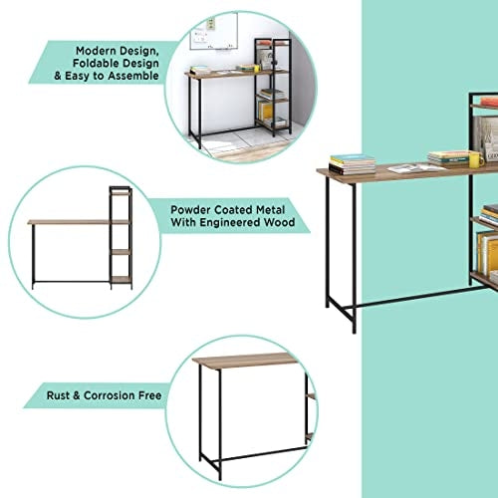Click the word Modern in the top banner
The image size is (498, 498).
click(96, 51)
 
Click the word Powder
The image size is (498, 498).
click(190, 210)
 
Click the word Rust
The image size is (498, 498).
click(58, 395)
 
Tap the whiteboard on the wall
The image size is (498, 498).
click(214, 32)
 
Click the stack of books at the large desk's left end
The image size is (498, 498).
click(353, 164)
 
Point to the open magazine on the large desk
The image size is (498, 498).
click(412, 168)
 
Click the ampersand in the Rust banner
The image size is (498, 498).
click(77, 395)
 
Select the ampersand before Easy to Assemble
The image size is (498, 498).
click(58, 76)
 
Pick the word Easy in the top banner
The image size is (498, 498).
click(78, 76)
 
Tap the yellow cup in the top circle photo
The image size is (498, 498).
click(256, 69)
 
